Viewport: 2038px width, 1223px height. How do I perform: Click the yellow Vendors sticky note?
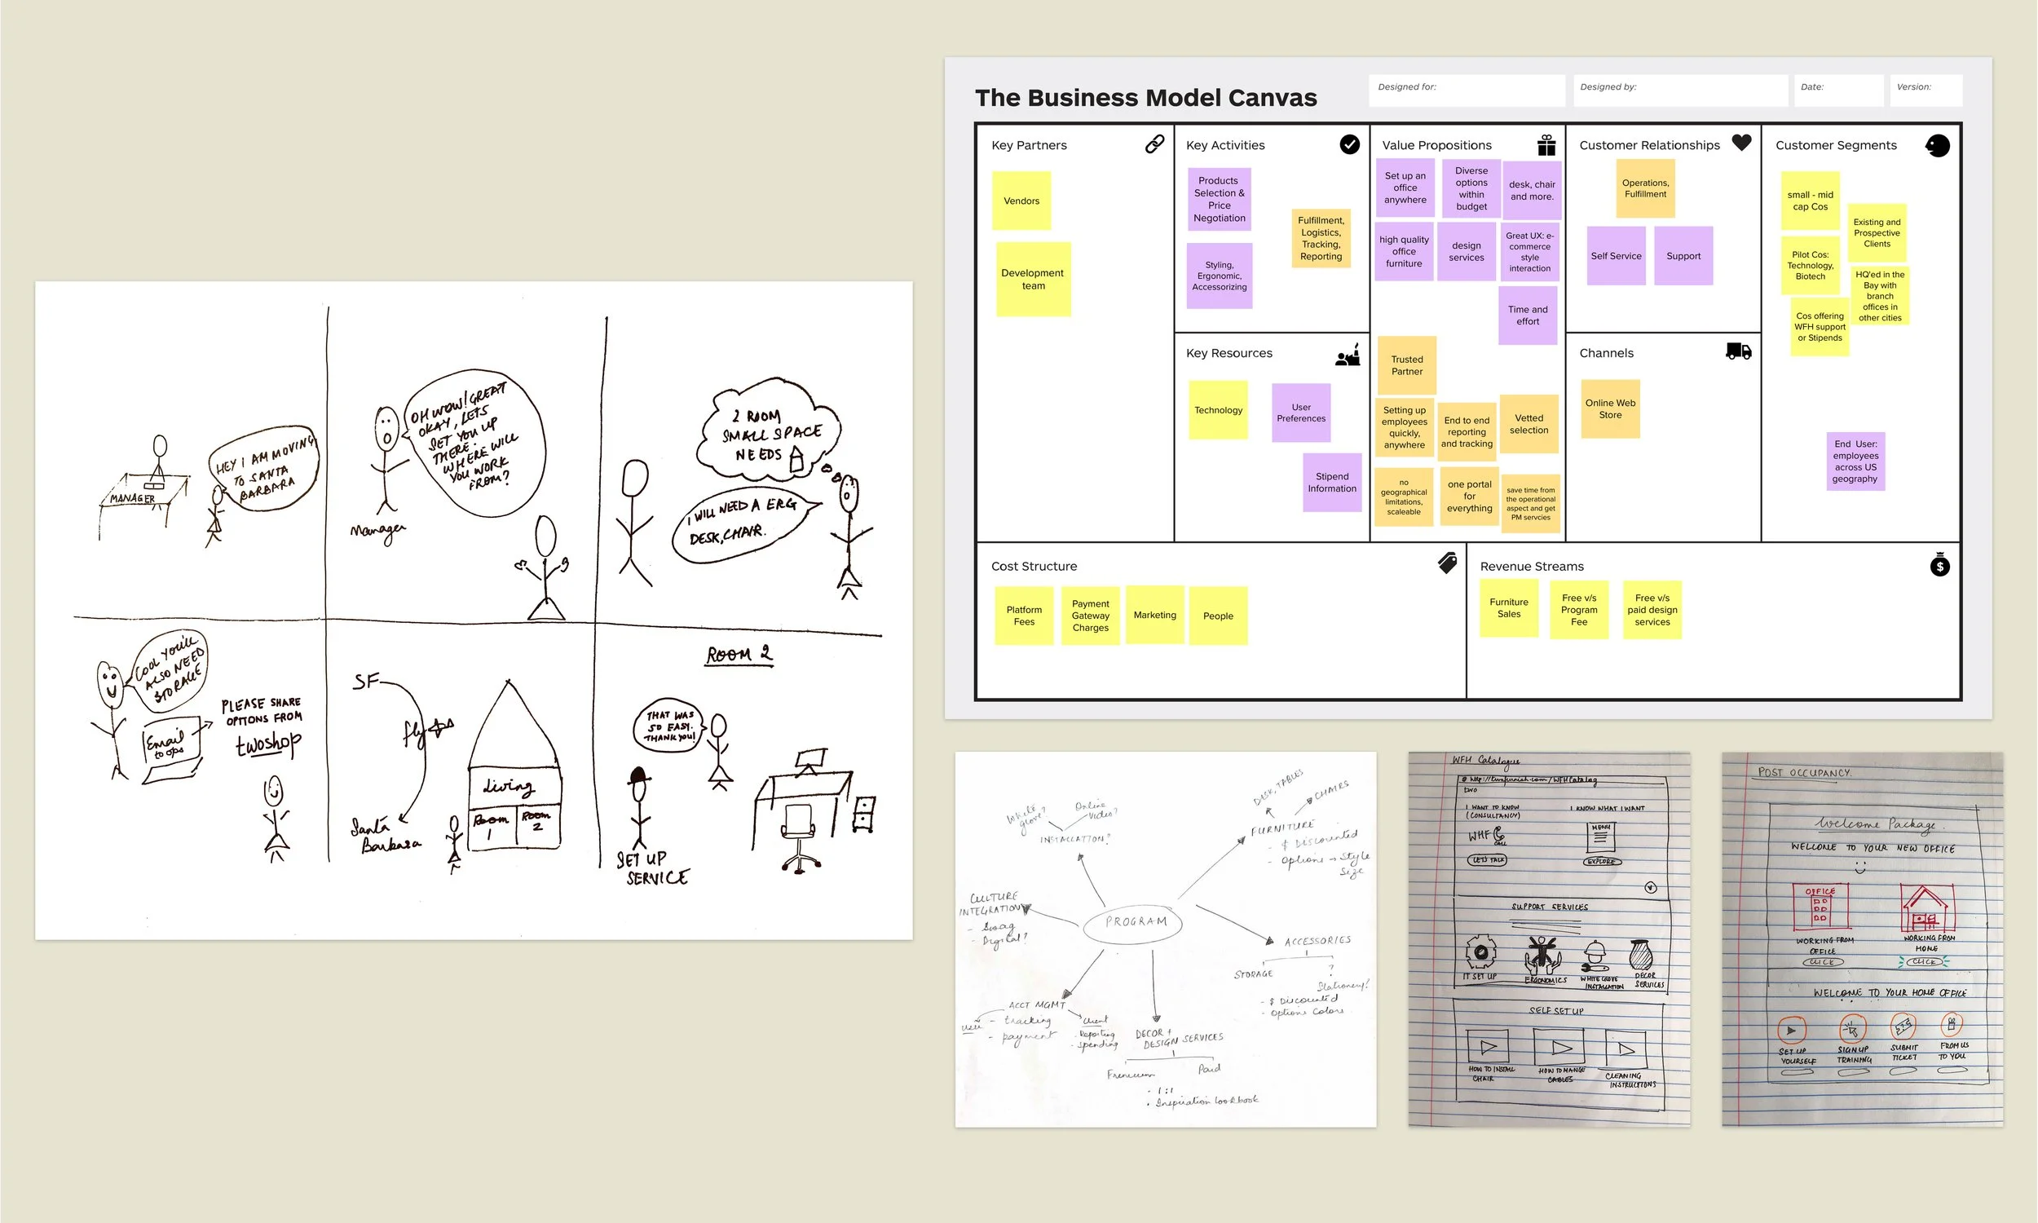(1021, 201)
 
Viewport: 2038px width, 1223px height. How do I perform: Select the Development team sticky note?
(1033, 280)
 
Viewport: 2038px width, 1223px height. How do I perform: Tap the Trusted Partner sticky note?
(1407, 365)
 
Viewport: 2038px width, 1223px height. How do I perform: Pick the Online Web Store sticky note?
(1611, 408)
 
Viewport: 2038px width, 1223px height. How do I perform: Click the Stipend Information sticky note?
(1332, 482)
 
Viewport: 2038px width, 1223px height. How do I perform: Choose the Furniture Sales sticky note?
(1508, 608)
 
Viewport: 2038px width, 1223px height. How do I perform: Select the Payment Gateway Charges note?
(1090, 616)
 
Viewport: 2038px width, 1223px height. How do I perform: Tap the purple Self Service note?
(1616, 256)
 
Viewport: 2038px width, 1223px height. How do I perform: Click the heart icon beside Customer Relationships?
(1740, 143)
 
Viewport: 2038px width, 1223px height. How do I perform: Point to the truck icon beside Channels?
(1738, 351)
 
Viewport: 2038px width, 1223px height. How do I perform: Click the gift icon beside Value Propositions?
(1546, 145)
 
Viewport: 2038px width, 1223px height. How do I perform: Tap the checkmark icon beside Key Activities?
(1349, 144)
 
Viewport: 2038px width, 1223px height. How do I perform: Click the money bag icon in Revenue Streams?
(1939, 565)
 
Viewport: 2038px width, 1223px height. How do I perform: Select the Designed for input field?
(1467, 91)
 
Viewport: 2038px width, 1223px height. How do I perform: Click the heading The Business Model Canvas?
(1145, 98)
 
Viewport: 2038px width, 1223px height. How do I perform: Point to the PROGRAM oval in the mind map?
(1136, 922)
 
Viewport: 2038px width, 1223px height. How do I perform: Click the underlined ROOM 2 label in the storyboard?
(739, 655)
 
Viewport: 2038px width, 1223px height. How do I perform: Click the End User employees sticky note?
(1855, 461)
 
